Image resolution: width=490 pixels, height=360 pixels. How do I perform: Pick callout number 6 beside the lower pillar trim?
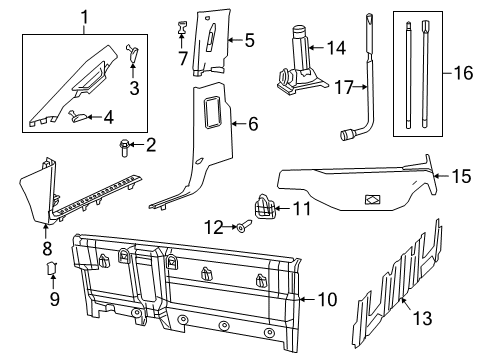[251, 124]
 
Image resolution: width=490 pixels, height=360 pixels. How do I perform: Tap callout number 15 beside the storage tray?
[459, 177]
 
